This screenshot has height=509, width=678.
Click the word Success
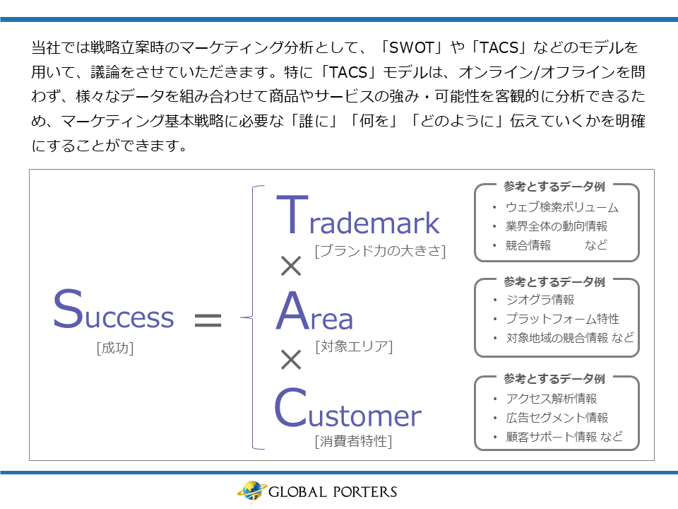click(x=113, y=309)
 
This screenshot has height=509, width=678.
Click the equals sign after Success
click(x=208, y=320)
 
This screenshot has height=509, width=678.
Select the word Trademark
click(x=357, y=215)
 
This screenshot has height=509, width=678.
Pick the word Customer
click(x=348, y=407)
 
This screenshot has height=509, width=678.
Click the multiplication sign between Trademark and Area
click(x=291, y=266)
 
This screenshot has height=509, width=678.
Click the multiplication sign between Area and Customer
click(x=291, y=360)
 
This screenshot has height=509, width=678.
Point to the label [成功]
click(x=115, y=348)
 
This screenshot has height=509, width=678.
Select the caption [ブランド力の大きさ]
click(x=380, y=251)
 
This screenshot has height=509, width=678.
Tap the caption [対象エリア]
click(x=354, y=346)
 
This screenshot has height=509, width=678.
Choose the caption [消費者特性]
click(x=353, y=441)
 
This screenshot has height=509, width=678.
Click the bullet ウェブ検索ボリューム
click(x=562, y=207)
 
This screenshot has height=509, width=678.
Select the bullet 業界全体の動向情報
click(x=557, y=226)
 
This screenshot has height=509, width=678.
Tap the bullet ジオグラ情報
click(x=540, y=300)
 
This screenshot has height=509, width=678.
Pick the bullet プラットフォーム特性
click(x=563, y=319)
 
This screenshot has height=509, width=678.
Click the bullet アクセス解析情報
click(x=552, y=398)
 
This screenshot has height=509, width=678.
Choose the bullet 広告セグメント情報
click(x=557, y=418)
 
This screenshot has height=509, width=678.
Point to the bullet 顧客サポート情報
click(x=552, y=437)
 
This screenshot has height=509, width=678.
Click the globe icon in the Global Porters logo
click(x=251, y=492)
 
